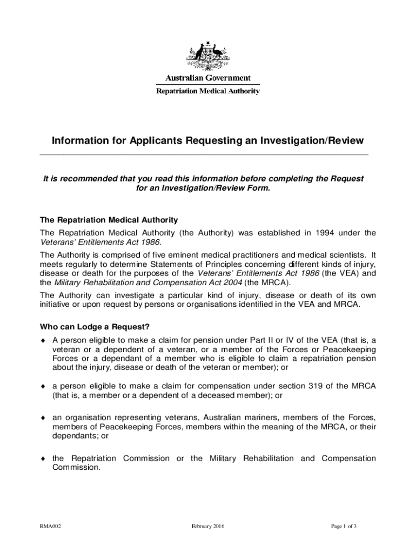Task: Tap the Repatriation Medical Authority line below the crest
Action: [208, 91]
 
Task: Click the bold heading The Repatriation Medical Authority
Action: [109, 220]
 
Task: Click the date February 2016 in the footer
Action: [208, 526]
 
